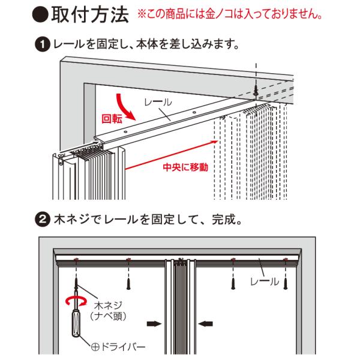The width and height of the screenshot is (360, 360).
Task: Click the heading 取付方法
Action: [x=89, y=14]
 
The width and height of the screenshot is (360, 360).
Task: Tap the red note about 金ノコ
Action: [x=230, y=14]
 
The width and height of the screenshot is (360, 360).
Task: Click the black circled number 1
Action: [x=42, y=44]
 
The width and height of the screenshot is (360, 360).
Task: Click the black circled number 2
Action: [x=42, y=220]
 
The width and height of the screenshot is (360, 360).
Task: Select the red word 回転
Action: [x=112, y=119]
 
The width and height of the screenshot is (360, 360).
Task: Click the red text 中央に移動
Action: [x=185, y=167]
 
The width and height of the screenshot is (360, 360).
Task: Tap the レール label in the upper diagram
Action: [x=158, y=102]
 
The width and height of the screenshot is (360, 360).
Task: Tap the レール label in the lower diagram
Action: [x=265, y=281]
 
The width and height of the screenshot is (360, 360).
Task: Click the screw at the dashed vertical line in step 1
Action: [x=256, y=91]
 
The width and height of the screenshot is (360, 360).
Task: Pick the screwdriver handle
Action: [x=76, y=323]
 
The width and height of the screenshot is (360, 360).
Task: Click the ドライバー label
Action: [x=118, y=347]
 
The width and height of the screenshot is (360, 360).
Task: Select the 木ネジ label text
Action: [x=107, y=305]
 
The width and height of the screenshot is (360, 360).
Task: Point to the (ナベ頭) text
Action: [x=108, y=316]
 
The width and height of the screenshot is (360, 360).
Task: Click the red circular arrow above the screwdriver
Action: [x=76, y=301]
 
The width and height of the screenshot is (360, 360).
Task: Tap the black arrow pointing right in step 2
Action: [x=154, y=324]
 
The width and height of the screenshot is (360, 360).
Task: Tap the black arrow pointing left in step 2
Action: [x=205, y=324]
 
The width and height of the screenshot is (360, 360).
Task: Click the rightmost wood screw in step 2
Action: [x=285, y=284]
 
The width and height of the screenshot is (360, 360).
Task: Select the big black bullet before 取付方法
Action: [x=40, y=15]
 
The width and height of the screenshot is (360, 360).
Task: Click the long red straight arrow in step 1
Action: [x=171, y=155]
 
